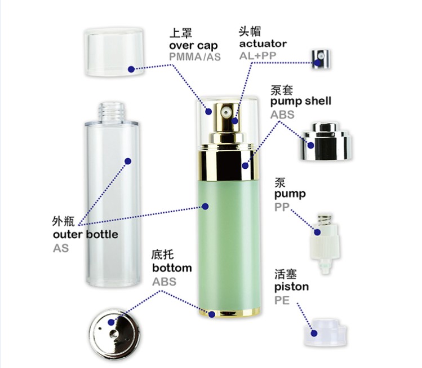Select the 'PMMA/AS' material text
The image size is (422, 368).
click(x=195, y=57)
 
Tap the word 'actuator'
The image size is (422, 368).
click(x=263, y=43)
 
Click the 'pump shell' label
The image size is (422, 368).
click(x=300, y=102)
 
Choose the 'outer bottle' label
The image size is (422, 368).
click(x=86, y=234)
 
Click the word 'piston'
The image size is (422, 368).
click(x=291, y=287)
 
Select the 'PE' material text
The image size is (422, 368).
click(x=282, y=300)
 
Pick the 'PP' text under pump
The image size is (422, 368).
click(x=281, y=207)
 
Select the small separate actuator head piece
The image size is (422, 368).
click(x=320, y=58)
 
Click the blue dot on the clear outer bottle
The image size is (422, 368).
click(x=127, y=161)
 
